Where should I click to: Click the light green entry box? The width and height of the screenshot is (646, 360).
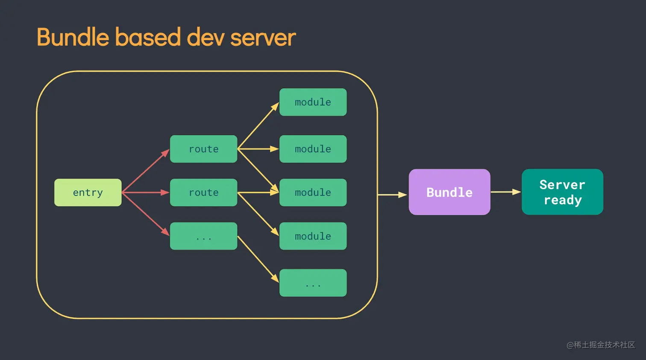[x=88, y=192]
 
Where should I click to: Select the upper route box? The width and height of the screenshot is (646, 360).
[x=203, y=149]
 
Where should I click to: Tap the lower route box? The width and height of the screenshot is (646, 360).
[x=203, y=192]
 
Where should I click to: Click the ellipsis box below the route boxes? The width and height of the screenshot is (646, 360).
[x=203, y=236]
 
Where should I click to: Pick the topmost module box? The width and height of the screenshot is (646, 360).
[x=313, y=102]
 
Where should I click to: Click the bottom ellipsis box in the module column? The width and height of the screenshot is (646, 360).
[x=313, y=283]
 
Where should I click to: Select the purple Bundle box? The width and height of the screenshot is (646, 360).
[x=449, y=192]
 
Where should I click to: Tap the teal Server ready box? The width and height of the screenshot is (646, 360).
[x=562, y=192]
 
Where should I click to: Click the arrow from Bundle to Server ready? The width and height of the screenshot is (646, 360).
[x=505, y=192]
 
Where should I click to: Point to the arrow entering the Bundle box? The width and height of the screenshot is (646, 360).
[x=392, y=195]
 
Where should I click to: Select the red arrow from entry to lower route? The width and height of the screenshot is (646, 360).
[x=145, y=192]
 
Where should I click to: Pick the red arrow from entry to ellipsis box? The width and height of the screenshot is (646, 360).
[x=145, y=214]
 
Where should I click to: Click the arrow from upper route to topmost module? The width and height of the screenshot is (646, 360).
[x=258, y=126]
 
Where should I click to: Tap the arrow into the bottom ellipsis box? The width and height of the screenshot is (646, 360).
[x=258, y=259]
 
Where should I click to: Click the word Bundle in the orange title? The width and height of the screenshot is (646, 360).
[x=73, y=37]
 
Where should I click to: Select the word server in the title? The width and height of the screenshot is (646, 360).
[x=263, y=37]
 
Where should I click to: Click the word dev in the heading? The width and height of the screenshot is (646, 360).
[x=205, y=37]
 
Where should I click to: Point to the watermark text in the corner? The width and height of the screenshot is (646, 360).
[x=601, y=345]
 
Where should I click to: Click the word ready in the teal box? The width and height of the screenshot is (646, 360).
[x=562, y=200]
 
